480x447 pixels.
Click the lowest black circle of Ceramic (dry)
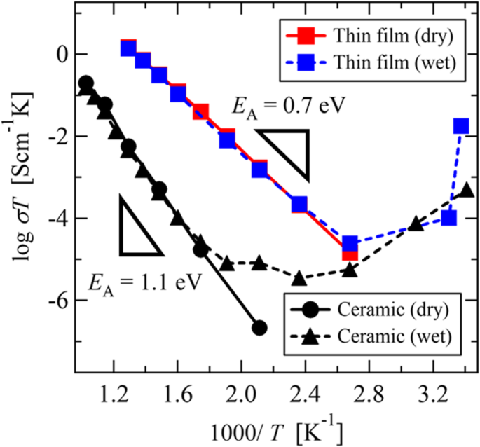[259, 327]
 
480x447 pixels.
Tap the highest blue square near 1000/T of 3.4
[460, 126]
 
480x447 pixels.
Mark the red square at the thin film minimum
[350, 252]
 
